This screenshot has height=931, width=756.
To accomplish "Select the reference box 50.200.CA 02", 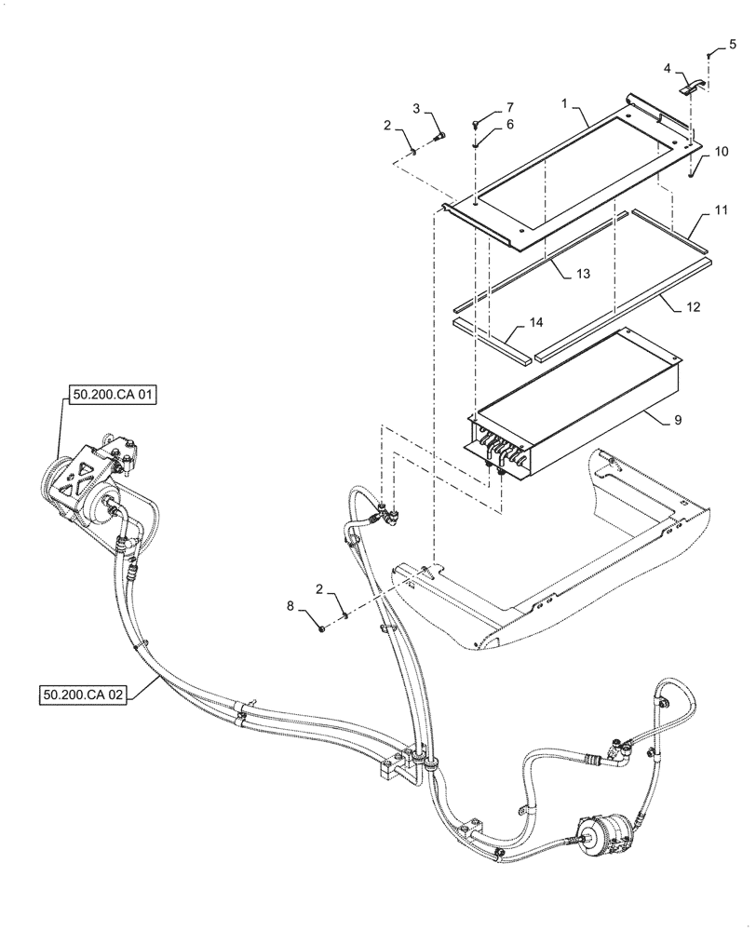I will [83, 694].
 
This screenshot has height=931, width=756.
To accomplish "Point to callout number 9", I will [679, 420].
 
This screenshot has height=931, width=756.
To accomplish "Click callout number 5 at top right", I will [732, 44].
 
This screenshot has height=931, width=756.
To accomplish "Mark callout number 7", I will [508, 107].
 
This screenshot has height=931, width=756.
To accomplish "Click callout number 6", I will [508, 125].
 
